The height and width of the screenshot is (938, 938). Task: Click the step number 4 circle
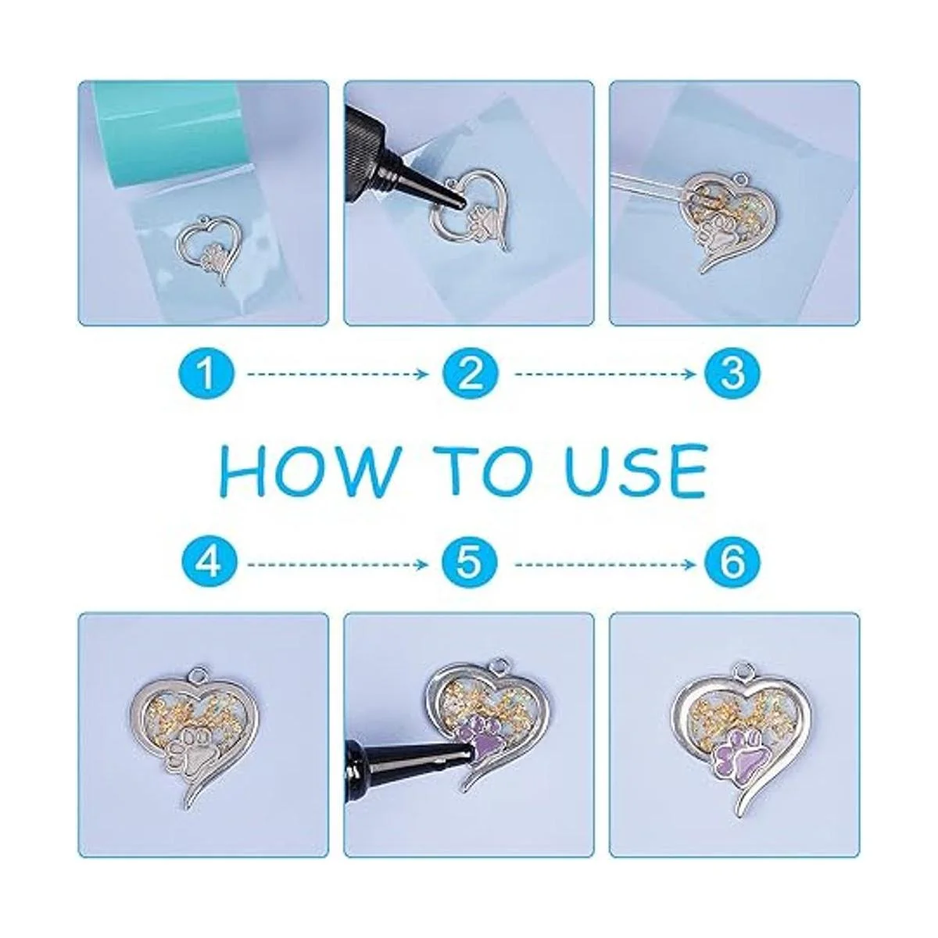[x=206, y=564]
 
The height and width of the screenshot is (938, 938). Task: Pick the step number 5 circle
[x=471, y=564]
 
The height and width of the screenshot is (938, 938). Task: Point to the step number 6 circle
[x=732, y=564]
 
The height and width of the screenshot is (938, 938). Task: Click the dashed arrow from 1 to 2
[x=338, y=374]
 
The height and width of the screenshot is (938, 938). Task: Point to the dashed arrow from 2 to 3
[x=605, y=374]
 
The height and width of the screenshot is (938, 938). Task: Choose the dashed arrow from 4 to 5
[x=338, y=564]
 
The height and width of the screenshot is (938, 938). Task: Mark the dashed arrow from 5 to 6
[x=605, y=564]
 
